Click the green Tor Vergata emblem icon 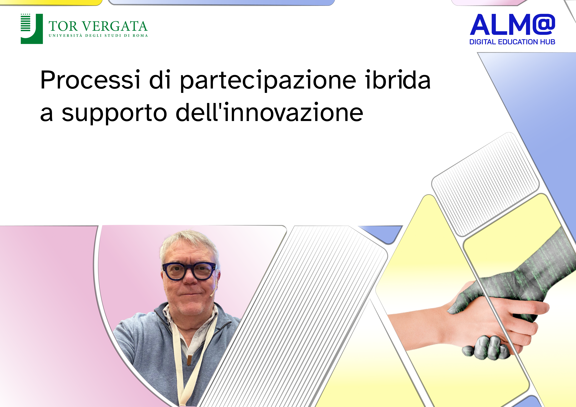pyautogui.click(x=32, y=29)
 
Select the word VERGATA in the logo pyautogui.click(x=115, y=26)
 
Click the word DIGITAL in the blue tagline pyautogui.click(x=483, y=42)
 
